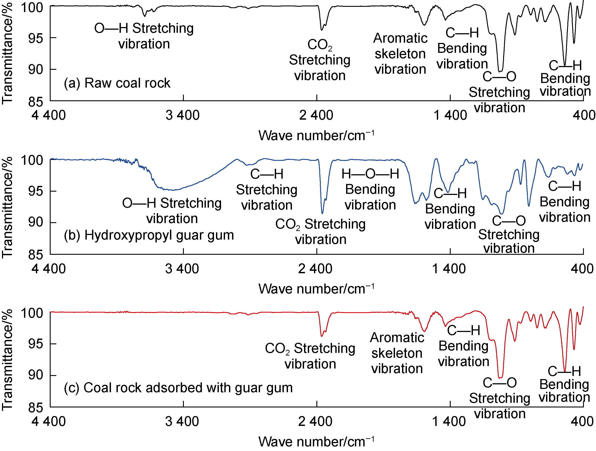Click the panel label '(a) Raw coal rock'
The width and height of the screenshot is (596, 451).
[x=117, y=83]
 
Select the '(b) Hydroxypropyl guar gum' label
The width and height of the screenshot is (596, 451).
[x=149, y=235]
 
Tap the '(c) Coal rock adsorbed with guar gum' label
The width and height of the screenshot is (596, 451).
[x=178, y=388]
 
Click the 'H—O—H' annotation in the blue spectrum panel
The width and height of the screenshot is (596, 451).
[x=370, y=174]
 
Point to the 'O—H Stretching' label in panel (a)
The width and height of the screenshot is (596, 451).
[x=144, y=28]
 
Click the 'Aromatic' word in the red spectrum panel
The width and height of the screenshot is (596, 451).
[x=397, y=337]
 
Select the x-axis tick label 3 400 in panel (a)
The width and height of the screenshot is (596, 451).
[x=182, y=115]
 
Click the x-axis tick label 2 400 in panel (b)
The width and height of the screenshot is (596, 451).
[x=315, y=269]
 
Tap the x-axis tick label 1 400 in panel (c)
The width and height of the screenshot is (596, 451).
[x=449, y=421]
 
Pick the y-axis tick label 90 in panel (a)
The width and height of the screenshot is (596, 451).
[x=36, y=70]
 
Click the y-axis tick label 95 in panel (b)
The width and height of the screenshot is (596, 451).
[x=36, y=191]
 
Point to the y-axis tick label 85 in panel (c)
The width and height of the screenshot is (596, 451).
[x=36, y=407]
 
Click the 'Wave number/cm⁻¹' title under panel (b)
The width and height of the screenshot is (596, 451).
[x=316, y=289]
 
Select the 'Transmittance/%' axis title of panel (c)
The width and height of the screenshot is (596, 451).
[x=7, y=360]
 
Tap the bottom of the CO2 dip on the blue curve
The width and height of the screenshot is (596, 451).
[x=322, y=213]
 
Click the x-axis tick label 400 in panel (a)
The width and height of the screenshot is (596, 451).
[x=584, y=115]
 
